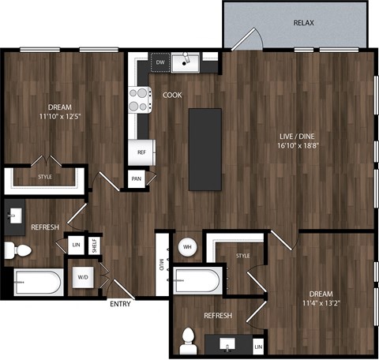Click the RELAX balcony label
pos(304,23)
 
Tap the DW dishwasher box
pos(160,62)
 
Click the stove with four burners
pos(141,99)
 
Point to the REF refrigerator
pos(142,152)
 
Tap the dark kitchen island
pos(205,148)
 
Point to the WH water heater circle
pos(188,247)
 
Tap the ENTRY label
pos(121,304)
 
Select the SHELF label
pos(93,246)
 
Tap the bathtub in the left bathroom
pos(38,281)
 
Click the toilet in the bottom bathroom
pos(188,340)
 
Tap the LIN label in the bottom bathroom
pos(257,346)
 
